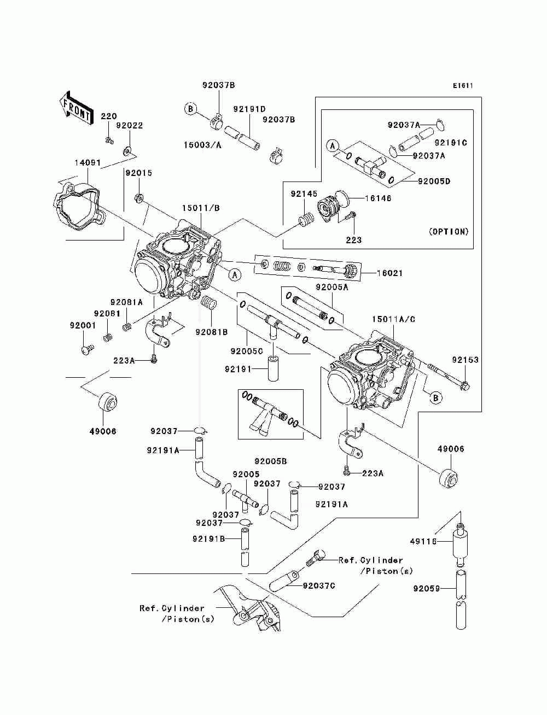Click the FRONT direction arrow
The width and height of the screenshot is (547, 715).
(x=76, y=108)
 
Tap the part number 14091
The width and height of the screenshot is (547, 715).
(x=88, y=162)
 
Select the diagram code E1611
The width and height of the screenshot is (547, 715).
(x=463, y=86)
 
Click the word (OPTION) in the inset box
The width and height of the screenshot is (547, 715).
(x=449, y=232)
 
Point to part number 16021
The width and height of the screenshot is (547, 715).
(x=389, y=273)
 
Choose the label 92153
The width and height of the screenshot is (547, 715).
(x=465, y=360)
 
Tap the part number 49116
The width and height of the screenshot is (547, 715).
(x=423, y=541)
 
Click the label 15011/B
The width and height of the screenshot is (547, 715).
(x=201, y=208)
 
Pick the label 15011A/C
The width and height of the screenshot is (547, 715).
(x=393, y=319)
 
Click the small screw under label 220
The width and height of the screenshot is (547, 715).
(x=109, y=140)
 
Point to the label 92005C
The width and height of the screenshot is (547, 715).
(x=247, y=351)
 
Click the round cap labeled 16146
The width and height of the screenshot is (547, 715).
(x=342, y=198)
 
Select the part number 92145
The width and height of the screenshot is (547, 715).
(x=304, y=194)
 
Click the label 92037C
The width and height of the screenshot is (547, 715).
(x=319, y=585)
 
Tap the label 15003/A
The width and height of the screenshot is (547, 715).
(x=202, y=145)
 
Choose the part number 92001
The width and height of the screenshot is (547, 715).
(x=83, y=325)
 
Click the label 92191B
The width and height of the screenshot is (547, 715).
(x=208, y=539)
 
